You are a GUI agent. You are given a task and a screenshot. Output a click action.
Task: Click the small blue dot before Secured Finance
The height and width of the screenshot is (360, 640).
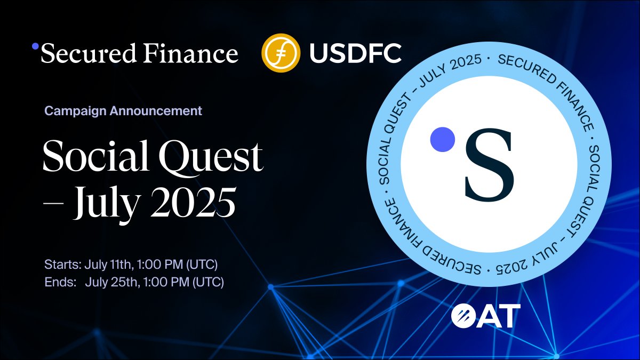(36, 46)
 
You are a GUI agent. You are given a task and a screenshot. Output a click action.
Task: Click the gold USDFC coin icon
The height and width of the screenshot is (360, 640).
(278, 53)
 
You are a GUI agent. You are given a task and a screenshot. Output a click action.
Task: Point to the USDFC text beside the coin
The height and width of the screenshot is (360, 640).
(355, 53)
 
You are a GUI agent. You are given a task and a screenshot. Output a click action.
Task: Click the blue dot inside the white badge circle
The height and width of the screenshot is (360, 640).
(442, 139)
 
